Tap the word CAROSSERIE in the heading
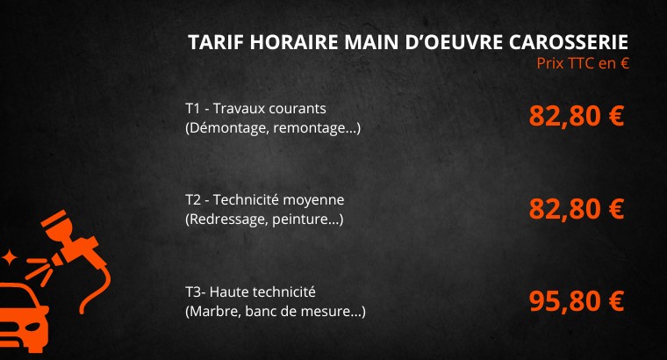point(569,42)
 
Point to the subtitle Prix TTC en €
point(583,63)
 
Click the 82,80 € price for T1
point(577,116)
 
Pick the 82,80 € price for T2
point(577,208)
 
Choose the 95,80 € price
point(577,301)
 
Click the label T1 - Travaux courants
point(255,109)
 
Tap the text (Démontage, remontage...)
point(273,128)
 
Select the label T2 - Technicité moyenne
point(264,199)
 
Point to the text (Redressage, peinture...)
point(264,220)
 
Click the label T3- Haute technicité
point(250,292)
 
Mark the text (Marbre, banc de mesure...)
point(276,312)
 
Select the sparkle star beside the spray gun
point(8,258)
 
